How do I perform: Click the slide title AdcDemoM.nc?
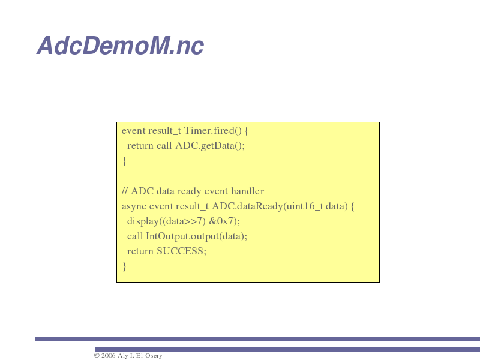click(121, 46)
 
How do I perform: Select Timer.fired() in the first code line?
click(213, 131)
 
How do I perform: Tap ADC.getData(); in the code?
click(210, 146)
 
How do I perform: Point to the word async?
click(134, 206)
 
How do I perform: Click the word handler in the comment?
click(247, 191)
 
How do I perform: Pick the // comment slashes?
click(125, 191)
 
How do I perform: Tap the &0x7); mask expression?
click(224, 221)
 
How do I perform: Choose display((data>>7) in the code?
click(166, 221)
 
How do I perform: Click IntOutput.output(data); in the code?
click(197, 236)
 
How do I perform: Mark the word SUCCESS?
click(182, 251)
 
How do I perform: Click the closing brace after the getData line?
click(124, 161)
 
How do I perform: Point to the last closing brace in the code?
click(124, 266)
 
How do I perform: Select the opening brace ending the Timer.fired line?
click(247, 131)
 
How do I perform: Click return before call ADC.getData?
click(140, 146)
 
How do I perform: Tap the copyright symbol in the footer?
click(97, 355)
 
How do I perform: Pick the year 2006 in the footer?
click(109, 355)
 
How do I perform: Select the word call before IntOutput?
click(135, 236)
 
